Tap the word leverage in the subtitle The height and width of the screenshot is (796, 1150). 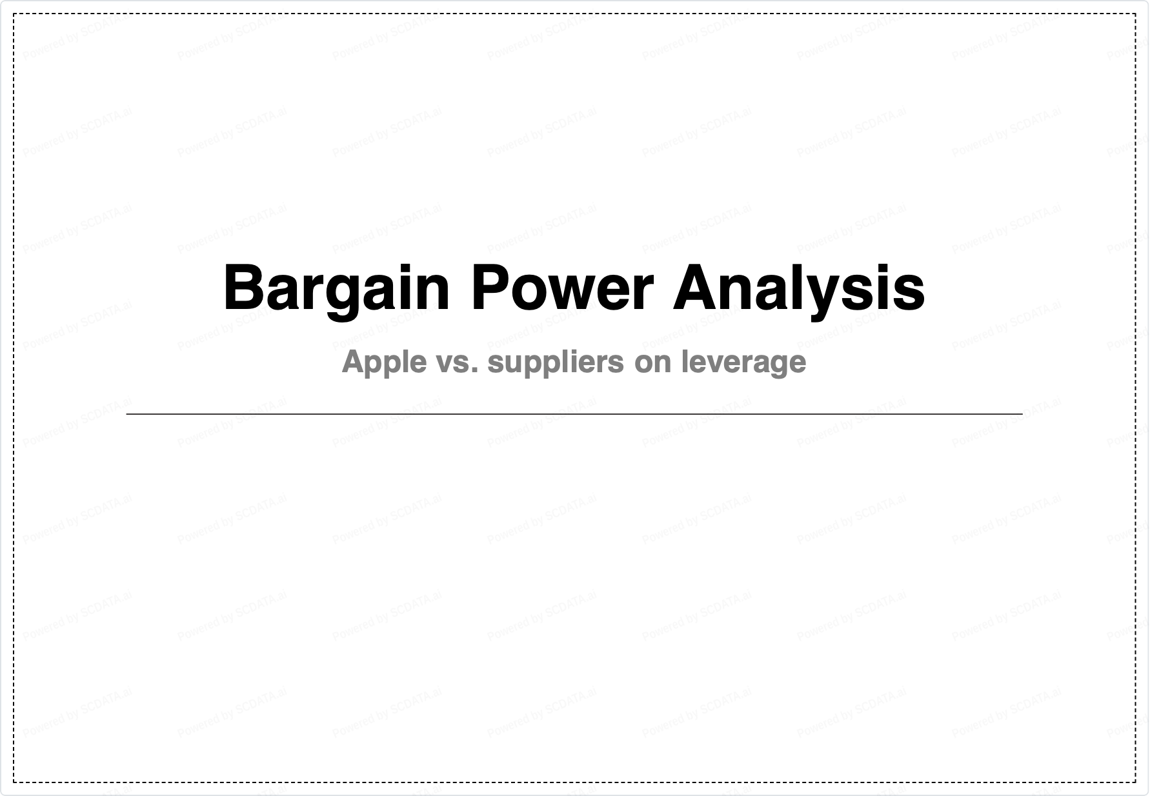[744, 363]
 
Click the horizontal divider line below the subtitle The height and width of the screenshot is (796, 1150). [574, 413]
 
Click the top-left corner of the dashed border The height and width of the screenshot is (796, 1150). [14, 14]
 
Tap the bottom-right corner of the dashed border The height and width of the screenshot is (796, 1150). [1136, 782]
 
